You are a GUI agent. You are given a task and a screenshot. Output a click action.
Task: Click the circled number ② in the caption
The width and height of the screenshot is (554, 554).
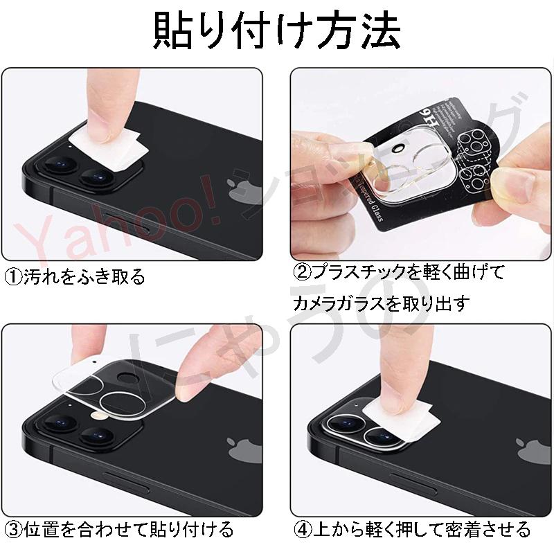coord(303,272)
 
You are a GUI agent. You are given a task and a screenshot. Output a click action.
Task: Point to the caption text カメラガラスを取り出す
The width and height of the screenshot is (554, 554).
coord(381,303)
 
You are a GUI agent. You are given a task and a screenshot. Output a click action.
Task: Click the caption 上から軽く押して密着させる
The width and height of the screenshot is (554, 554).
coord(423,530)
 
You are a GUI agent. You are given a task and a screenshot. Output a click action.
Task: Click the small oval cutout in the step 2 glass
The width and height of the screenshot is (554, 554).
coord(399,148)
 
